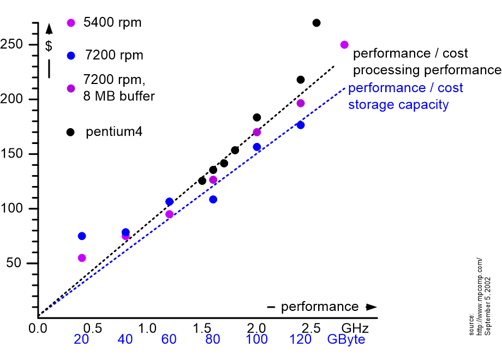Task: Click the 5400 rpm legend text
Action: coord(112,23)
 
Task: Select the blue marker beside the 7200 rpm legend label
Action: coord(71,55)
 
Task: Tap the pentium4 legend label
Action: coord(114,132)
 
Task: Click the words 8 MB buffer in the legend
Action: coord(119,97)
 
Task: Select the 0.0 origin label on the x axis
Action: coord(38,328)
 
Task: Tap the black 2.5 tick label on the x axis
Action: coord(312,328)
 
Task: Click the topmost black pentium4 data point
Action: coord(316,23)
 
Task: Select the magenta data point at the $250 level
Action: coord(344,45)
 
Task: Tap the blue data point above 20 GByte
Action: coord(82,236)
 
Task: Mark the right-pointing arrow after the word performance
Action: coord(371,307)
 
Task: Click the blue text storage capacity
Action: coord(398,105)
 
